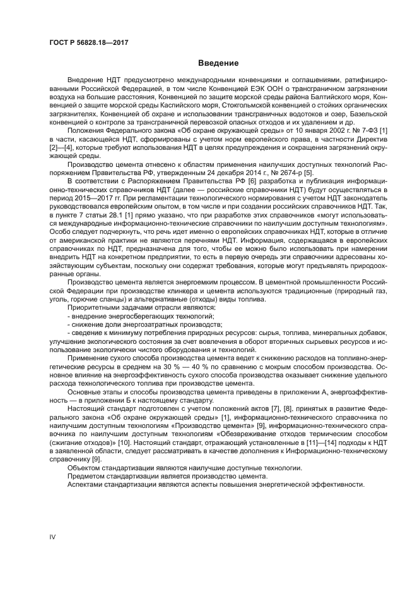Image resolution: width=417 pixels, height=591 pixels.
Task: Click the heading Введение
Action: [x=218, y=63]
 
